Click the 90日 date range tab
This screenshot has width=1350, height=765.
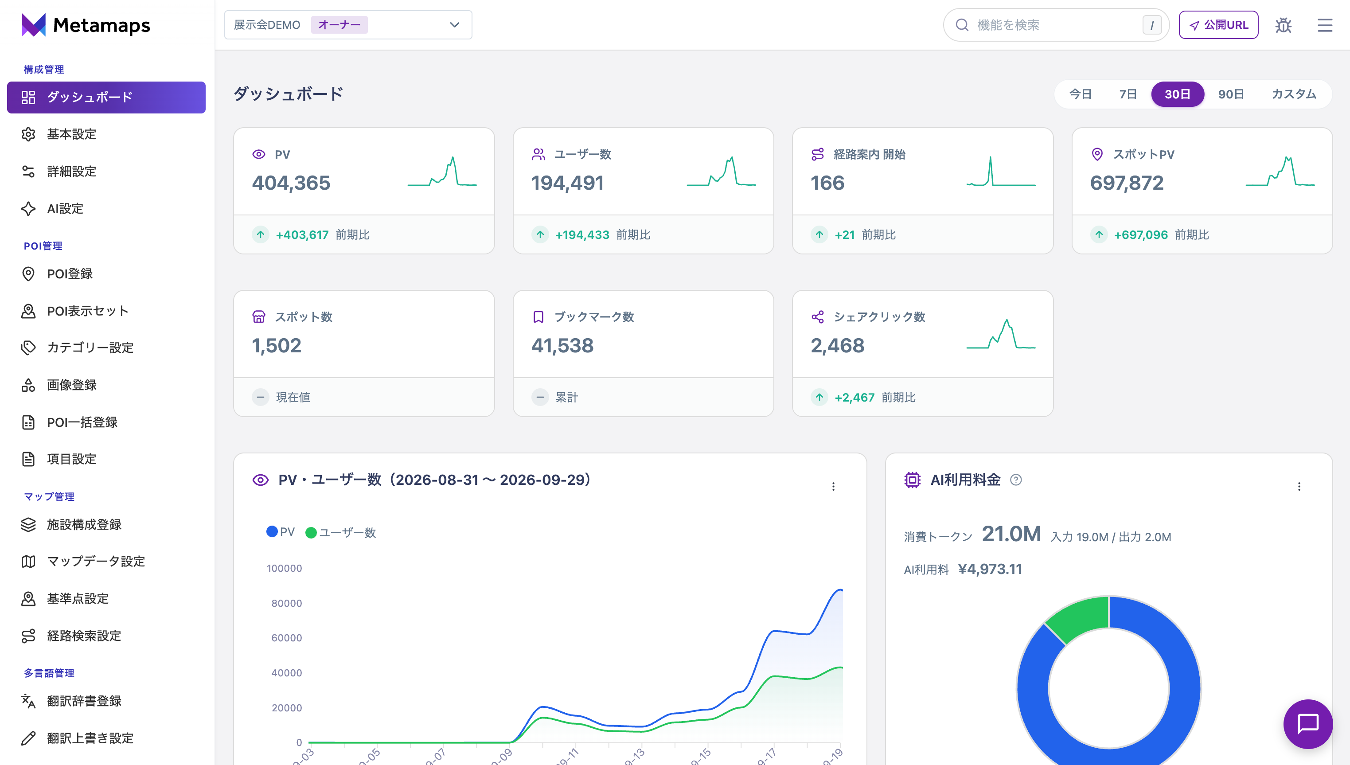1231,94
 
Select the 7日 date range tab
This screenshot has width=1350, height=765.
1128,94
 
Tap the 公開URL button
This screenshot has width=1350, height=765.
1218,25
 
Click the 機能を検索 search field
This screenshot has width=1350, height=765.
1056,25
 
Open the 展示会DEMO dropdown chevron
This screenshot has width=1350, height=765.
454,25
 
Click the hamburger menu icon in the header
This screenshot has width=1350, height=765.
1325,25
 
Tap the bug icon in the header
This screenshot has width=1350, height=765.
1283,25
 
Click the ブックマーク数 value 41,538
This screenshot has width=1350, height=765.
562,346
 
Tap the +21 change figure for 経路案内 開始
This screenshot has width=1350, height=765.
845,235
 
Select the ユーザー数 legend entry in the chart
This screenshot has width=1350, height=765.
341,532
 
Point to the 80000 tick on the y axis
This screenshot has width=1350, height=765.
286,603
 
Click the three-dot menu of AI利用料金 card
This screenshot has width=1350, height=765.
1299,487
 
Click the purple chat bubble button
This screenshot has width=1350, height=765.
1308,724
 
